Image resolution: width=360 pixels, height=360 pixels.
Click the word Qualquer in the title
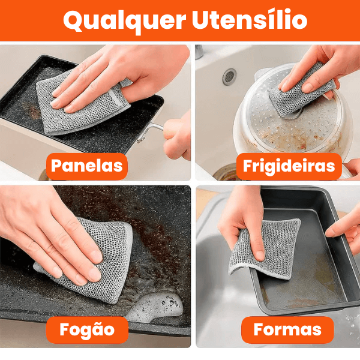coord(123,20)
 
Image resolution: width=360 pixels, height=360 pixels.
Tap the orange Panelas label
coord(87,166)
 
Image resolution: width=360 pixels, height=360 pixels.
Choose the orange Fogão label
coord(87,329)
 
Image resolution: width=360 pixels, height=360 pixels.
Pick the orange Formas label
coord(287,329)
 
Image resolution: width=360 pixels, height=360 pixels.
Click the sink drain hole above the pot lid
coord(229,76)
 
